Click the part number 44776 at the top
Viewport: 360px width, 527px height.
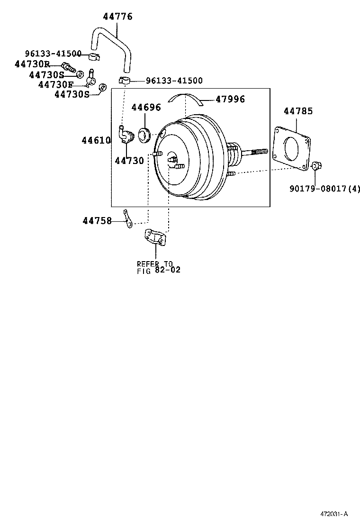[117, 17]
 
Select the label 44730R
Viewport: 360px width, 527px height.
[32, 64]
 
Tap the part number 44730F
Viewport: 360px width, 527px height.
[55, 84]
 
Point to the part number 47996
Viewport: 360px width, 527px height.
[230, 99]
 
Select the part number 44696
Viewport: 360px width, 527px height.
[146, 108]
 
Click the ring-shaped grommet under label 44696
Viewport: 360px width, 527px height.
[144, 135]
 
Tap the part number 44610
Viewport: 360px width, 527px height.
[96, 140]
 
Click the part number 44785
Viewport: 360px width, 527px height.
[298, 111]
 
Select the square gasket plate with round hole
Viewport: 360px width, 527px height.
[292, 147]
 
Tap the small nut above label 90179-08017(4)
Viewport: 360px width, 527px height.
[316, 165]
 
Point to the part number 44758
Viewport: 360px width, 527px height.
[97, 220]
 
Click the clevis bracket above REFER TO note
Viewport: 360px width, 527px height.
[155, 237]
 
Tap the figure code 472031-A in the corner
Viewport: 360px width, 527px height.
[333, 514]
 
